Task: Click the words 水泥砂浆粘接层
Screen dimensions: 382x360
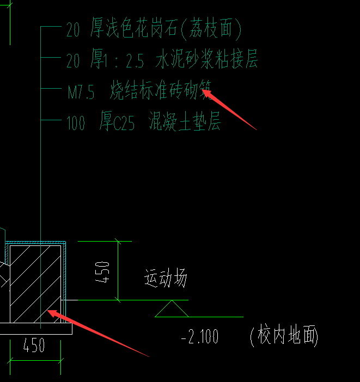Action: point(206,60)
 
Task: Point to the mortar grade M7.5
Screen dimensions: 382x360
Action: point(81,92)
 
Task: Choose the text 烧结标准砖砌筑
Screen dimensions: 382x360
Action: point(160,91)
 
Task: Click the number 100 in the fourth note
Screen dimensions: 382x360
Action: point(76,123)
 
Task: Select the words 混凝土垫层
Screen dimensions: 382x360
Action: point(185,122)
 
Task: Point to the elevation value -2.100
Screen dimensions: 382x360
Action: point(199,337)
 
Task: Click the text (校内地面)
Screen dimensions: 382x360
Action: point(284,336)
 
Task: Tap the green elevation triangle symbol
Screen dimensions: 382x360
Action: point(172,310)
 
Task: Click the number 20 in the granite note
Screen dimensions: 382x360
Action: point(73,29)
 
